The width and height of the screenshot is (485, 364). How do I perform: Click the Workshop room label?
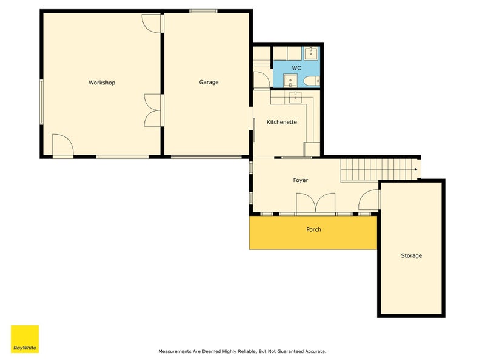(102, 83)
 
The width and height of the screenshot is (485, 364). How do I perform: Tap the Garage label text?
(209, 82)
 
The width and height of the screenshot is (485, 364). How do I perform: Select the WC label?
(296, 68)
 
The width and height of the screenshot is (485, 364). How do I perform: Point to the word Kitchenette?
(281, 122)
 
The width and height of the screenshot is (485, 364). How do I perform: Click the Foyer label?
(300, 180)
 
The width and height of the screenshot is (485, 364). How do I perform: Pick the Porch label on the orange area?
(313, 229)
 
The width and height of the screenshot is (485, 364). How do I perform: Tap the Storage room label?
(411, 255)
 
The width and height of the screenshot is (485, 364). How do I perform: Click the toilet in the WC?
(312, 81)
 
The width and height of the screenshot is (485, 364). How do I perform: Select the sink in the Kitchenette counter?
(296, 97)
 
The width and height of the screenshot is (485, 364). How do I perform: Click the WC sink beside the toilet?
(290, 81)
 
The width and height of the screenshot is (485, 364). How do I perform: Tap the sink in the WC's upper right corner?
(311, 53)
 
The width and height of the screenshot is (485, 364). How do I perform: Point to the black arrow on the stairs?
(416, 169)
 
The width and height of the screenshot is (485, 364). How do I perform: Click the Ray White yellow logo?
(25, 339)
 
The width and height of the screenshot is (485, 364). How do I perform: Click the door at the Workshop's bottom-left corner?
(63, 145)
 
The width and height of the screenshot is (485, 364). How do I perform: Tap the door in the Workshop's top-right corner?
(152, 24)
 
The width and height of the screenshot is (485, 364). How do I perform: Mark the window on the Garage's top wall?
(203, 11)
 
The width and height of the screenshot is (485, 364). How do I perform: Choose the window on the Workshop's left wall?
(41, 102)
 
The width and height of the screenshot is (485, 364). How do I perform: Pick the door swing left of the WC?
(262, 79)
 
